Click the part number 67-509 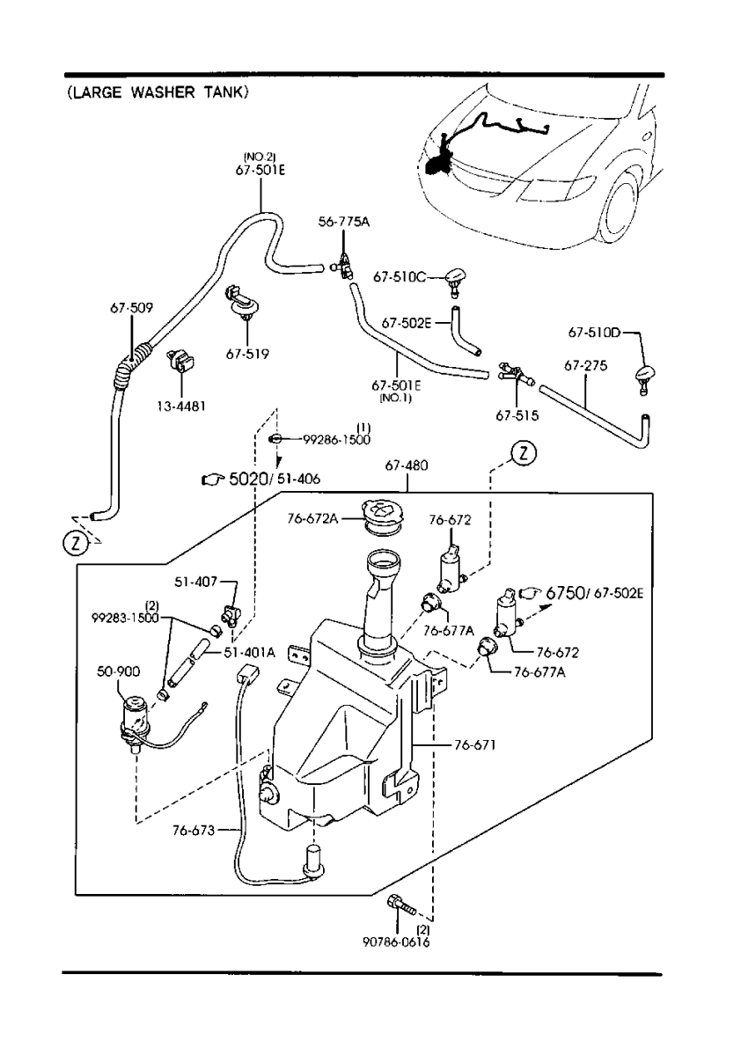(x=131, y=308)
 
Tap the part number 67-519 (x=247, y=354)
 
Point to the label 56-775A (x=344, y=222)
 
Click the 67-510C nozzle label (x=399, y=276)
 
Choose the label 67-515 (x=517, y=414)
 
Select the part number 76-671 (x=476, y=745)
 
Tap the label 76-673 (x=193, y=828)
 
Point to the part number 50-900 (x=119, y=671)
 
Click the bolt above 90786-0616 (x=401, y=905)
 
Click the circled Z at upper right (x=522, y=454)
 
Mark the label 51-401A (x=250, y=652)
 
